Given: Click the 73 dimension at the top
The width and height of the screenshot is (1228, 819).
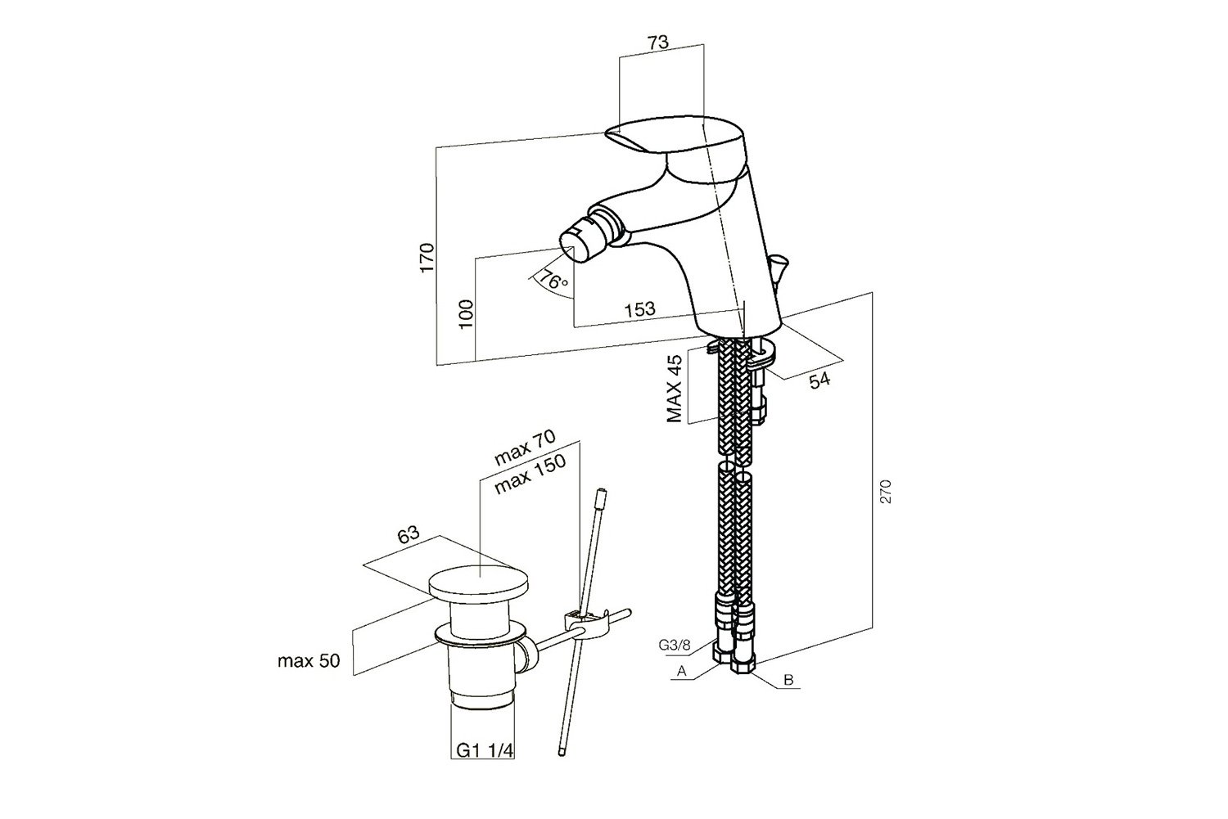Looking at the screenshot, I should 658,43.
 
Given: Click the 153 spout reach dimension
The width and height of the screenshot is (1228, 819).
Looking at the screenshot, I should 639,308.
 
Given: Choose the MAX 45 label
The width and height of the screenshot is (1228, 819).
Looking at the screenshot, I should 675,389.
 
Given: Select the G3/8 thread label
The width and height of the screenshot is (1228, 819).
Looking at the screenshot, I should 675,645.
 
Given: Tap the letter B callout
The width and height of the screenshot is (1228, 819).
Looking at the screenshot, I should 788,680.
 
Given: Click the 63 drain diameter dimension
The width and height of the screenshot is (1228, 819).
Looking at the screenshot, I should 409,537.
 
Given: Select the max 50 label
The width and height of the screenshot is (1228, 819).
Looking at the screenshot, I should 308,661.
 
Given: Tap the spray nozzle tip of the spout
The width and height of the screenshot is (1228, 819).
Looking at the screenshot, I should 573,242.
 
